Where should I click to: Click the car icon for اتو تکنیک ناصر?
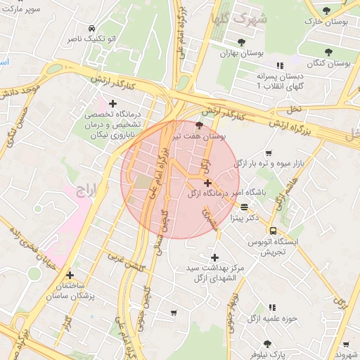(x=92, y=28)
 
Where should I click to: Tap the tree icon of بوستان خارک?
(x=328, y=10)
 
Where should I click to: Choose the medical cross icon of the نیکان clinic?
(x=112, y=104)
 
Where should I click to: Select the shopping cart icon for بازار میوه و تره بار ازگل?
(x=268, y=153)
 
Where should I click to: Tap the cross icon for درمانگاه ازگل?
(x=207, y=183)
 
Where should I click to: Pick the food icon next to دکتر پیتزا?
(x=244, y=207)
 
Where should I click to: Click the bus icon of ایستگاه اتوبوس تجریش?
(x=273, y=231)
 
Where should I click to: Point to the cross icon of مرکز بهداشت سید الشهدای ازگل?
(x=214, y=257)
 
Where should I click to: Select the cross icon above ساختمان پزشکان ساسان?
(x=69, y=275)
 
